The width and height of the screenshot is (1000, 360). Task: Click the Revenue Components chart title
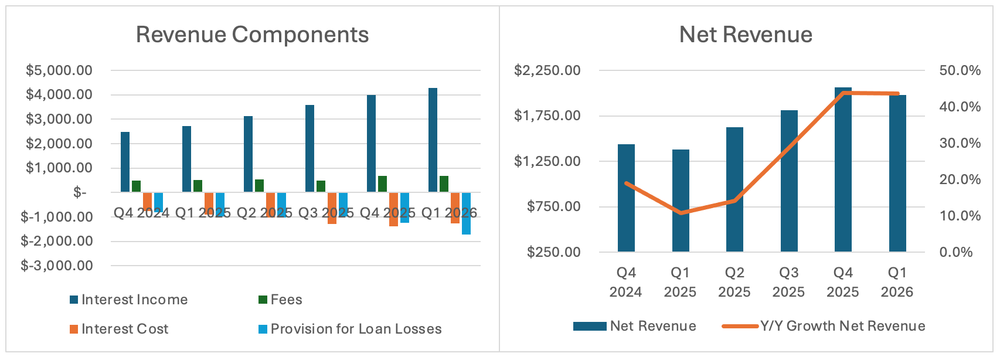[x=252, y=35]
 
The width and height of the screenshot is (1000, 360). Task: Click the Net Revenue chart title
[x=746, y=35]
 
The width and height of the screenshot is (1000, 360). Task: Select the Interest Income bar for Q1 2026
[x=433, y=140]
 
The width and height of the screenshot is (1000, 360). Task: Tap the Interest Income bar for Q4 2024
[x=125, y=162]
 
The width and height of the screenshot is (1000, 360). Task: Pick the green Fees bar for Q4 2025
[x=382, y=184]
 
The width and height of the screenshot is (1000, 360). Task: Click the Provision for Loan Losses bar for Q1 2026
[x=466, y=213]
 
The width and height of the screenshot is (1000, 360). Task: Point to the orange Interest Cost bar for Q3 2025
[x=332, y=208]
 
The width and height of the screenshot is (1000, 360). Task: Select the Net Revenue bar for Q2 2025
[x=734, y=189]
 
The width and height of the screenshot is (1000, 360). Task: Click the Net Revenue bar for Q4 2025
[x=843, y=169]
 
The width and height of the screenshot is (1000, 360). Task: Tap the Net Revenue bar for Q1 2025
[x=681, y=201]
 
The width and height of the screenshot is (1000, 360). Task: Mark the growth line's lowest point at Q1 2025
[x=681, y=213]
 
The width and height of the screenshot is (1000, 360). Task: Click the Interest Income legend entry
[x=128, y=300]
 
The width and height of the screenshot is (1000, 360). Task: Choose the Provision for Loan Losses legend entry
[x=350, y=329]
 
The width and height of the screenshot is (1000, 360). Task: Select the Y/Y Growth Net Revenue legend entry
[x=824, y=326]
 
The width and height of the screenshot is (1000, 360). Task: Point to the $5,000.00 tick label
[x=59, y=70]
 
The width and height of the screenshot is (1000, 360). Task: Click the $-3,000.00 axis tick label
[x=57, y=266]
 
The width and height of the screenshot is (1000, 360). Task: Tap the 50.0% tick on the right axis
[x=960, y=70]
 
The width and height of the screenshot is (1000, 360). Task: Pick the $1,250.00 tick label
[x=547, y=161]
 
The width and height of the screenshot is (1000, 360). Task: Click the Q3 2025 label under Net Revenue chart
[x=788, y=282]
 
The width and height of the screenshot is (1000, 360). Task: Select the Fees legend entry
[x=280, y=300]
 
